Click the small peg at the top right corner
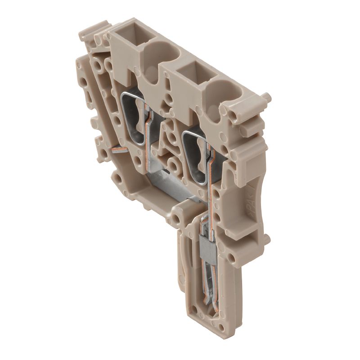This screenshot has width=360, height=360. (x=266, y=97)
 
